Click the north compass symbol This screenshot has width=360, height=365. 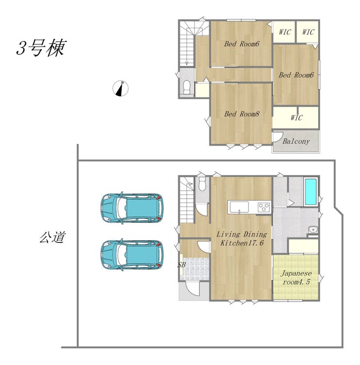point(121,88)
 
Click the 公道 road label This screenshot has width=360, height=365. point(52,237)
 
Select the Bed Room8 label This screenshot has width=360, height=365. point(242,114)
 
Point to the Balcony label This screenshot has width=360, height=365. point(296,141)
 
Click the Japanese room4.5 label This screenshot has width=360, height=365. point(296,277)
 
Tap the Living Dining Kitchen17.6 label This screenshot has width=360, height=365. point(242,238)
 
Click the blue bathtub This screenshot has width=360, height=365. point(310,192)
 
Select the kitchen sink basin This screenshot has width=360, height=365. point(239,207)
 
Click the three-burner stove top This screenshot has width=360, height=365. point(264,207)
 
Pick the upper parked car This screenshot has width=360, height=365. point(132,208)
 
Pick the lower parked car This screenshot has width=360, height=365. point(132,255)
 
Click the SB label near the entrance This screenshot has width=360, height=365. point(182,265)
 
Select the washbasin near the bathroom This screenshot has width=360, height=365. point(312,230)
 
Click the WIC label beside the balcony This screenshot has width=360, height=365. point(296,118)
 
